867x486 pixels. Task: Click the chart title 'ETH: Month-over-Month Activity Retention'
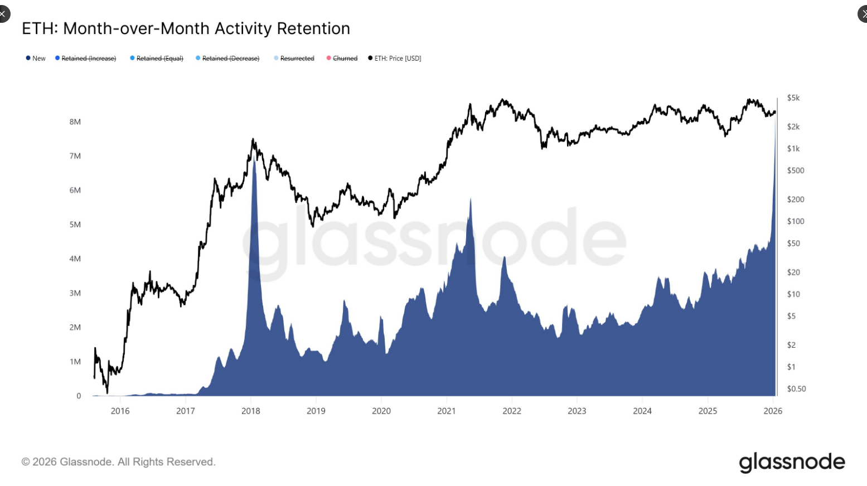tap(186, 28)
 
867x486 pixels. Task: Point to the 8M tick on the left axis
tap(75, 122)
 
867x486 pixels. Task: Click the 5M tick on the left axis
tap(75, 225)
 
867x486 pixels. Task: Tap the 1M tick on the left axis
tap(75, 362)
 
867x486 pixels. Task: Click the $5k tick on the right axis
tap(793, 98)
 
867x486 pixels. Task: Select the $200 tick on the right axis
tap(796, 200)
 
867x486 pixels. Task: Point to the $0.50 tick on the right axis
tap(796, 389)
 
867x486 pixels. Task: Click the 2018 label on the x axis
tap(251, 411)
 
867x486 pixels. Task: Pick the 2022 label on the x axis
tap(512, 411)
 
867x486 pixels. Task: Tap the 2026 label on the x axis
tap(773, 411)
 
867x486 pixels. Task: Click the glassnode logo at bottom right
tap(792, 462)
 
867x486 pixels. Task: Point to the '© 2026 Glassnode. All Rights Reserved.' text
tap(118, 462)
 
